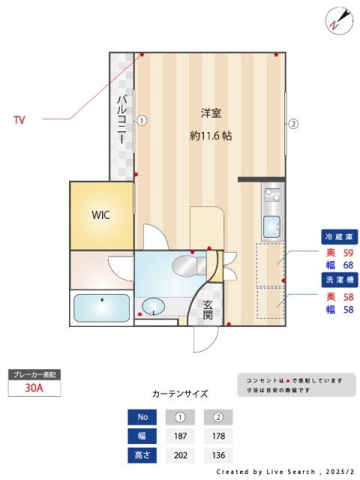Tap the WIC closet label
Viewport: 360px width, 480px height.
coord(101,215)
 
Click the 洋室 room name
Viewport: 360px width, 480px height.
coord(211,113)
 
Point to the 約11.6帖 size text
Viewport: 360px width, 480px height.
coord(211,136)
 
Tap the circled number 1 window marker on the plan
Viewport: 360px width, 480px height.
coord(140,119)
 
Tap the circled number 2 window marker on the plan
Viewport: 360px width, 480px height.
coord(293,124)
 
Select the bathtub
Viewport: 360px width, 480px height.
coord(99,307)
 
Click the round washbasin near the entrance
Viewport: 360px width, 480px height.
coord(154,307)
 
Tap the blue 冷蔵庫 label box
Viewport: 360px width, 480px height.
coord(339,237)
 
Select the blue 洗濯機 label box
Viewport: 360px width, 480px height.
coord(339,279)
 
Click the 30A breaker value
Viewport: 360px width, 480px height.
coord(33,388)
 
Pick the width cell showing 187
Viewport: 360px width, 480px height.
coord(180,436)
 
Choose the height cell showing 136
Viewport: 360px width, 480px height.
coord(218,455)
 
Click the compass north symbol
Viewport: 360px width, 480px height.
coord(337,20)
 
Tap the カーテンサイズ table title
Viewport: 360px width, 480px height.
coord(180,393)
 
